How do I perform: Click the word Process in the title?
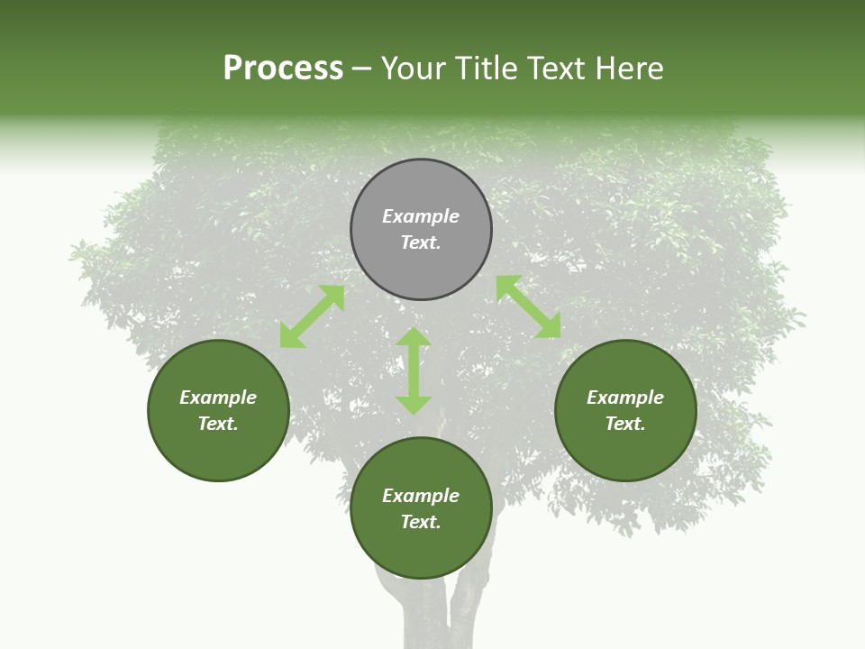click(283, 69)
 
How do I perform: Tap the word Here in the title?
click(630, 69)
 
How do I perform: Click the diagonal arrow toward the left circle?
click(312, 316)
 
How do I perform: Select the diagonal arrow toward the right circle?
click(528, 306)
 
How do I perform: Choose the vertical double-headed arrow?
click(414, 370)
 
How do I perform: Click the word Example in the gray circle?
click(421, 216)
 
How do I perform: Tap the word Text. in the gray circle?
click(421, 242)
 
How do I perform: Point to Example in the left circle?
click(218, 398)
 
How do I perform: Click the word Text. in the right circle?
click(625, 424)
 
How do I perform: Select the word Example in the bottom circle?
click(421, 496)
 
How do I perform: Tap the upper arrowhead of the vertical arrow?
click(414, 338)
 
